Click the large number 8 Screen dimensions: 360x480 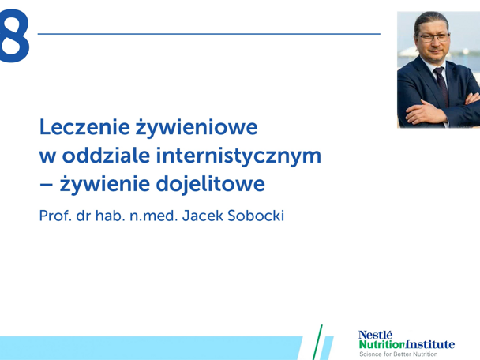point(14,36)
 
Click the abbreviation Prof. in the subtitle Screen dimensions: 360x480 point(56,214)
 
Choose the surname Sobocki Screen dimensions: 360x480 point(257,214)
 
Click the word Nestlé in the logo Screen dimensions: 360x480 point(375,333)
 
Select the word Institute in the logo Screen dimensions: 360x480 point(433,344)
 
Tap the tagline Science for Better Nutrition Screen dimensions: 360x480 point(399,355)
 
